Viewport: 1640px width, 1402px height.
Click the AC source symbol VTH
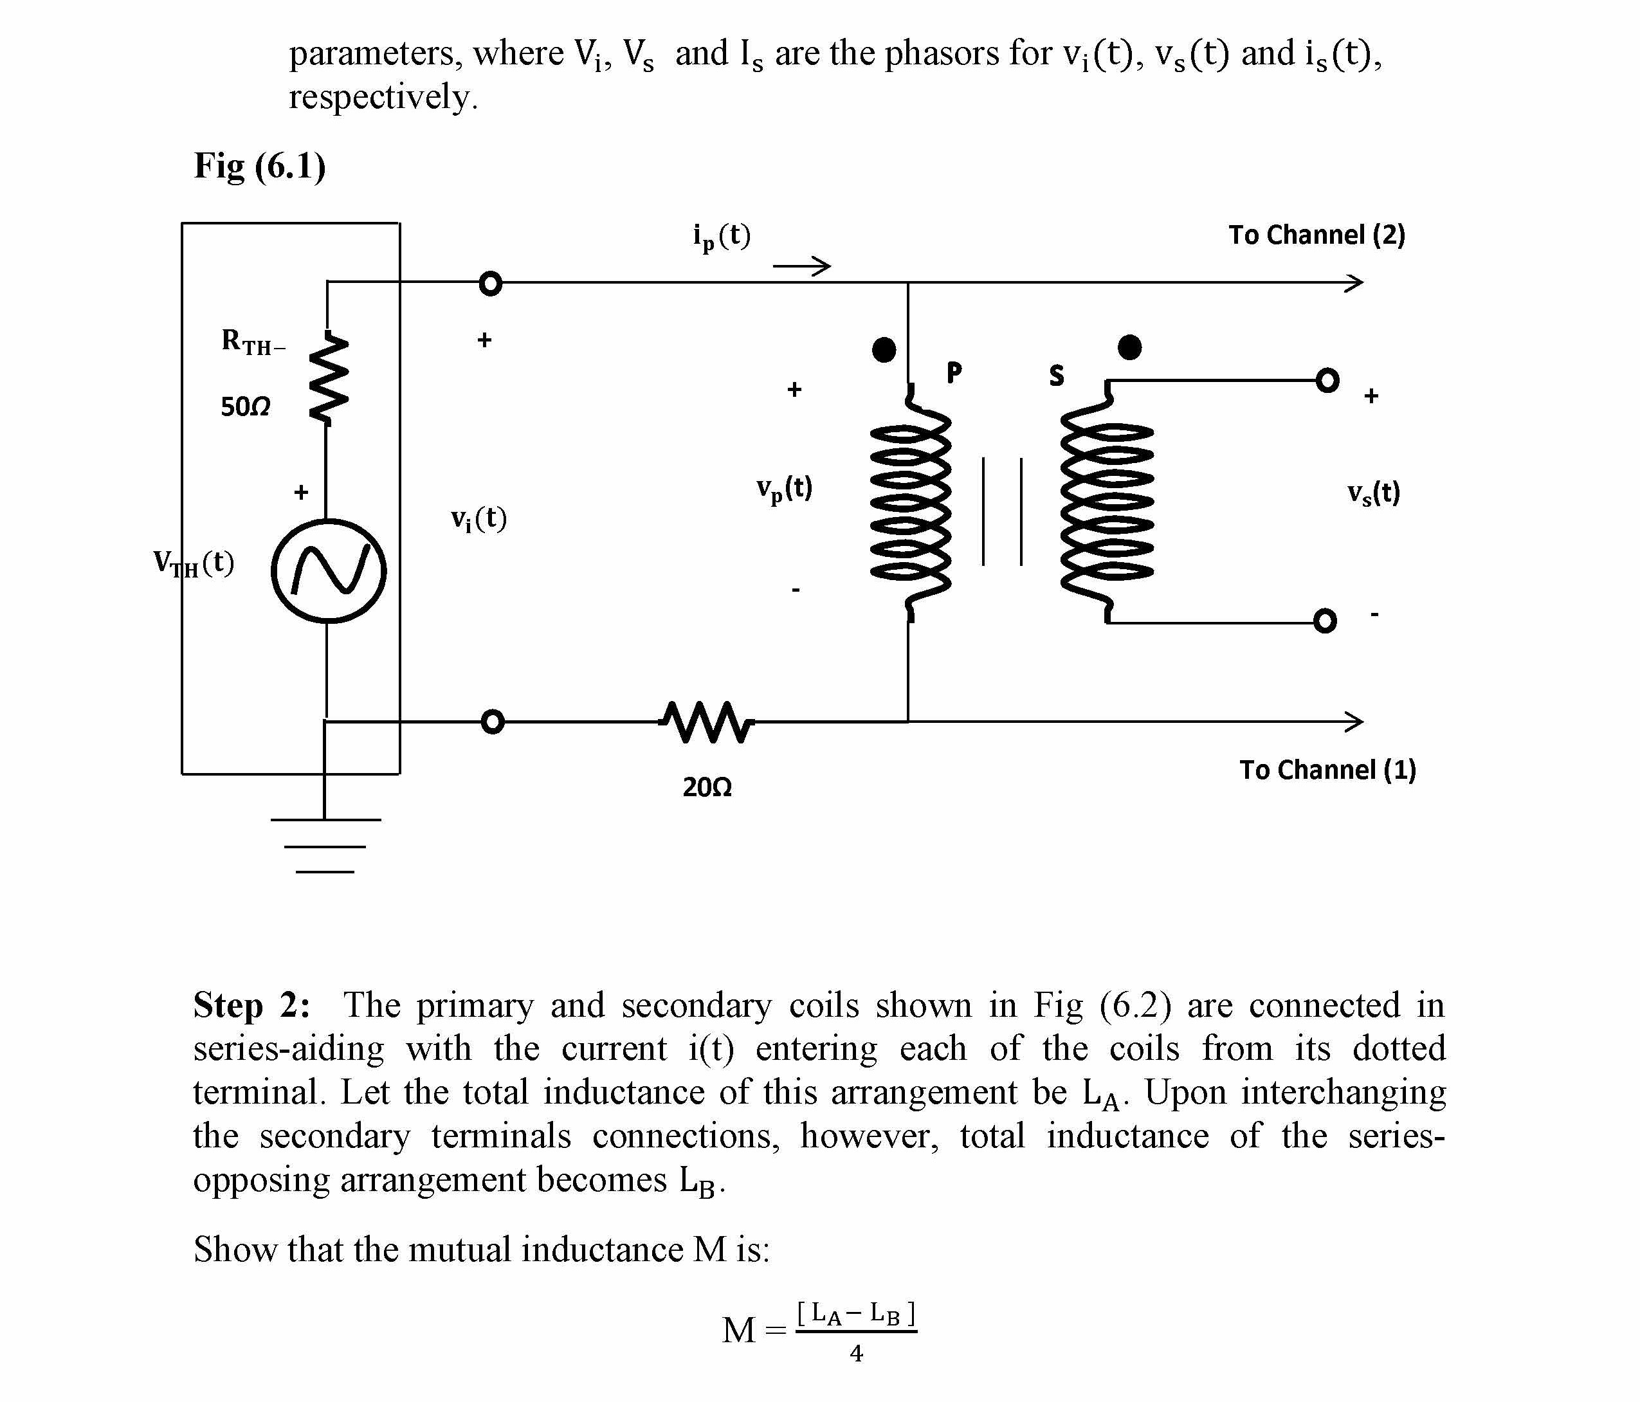pyautogui.click(x=329, y=571)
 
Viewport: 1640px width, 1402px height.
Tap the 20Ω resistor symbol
pyautogui.click(x=707, y=721)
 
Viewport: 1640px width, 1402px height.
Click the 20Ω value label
pyautogui.click(x=707, y=787)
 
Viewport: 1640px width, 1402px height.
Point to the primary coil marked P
pyautogui.click(x=910, y=503)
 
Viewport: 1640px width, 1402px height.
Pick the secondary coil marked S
pyautogui.click(x=1107, y=503)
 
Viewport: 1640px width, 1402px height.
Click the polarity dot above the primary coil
pyautogui.click(x=884, y=349)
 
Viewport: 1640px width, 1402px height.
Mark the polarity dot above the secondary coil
pyautogui.click(x=1129, y=347)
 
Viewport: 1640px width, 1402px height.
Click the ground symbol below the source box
pyautogui.click(x=325, y=846)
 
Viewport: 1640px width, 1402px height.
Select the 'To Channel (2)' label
pyautogui.click(x=1317, y=235)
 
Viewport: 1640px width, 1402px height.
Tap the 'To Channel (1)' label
pyautogui.click(x=1327, y=769)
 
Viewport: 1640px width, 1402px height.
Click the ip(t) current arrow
pyautogui.click(x=802, y=266)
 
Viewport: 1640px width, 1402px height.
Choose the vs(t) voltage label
pyautogui.click(x=1373, y=493)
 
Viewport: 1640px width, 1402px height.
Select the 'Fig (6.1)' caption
pyautogui.click(x=260, y=166)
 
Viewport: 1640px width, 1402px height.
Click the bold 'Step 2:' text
pyautogui.click(x=251, y=1005)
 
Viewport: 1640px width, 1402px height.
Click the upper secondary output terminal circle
pyautogui.click(x=1327, y=381)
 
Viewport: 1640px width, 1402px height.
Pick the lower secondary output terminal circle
pyautogui.click(x=1325, y=620)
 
